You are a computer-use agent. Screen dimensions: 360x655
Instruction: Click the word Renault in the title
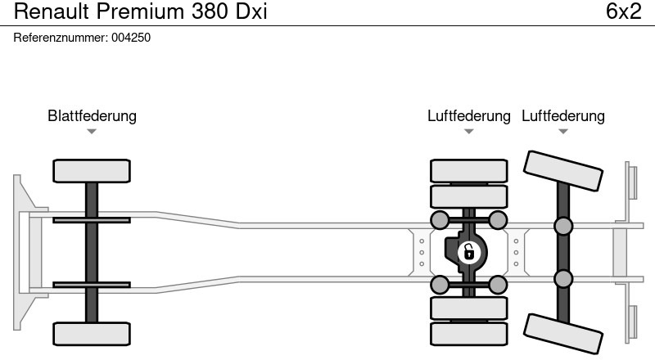[51, 12]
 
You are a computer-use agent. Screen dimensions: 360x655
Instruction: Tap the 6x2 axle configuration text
[623, 12]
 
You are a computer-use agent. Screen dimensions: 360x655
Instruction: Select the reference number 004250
[131, 38]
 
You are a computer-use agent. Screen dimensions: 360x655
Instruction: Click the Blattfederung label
[92, 116]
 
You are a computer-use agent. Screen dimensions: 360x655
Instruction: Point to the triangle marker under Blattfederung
[92, 132]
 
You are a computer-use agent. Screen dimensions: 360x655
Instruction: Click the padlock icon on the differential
[468, 251]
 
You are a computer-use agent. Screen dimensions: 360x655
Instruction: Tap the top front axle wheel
[92, 171]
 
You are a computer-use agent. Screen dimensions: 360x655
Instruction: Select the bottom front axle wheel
[92, 333]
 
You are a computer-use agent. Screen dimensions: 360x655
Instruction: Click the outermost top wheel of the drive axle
[468, 170]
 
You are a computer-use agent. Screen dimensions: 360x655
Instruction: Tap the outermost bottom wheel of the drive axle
[468, 333]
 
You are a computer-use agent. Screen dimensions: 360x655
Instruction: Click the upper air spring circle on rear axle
[563, 226]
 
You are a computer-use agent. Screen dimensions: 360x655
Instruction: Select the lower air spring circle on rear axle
[563, 279]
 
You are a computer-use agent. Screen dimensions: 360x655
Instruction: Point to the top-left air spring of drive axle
[440, 219]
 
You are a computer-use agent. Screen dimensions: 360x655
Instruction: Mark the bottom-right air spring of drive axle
[497, 285]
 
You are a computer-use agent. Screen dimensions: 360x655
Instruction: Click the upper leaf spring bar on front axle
[92, 219]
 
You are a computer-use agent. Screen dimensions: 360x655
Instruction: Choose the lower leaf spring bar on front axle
[92, 285]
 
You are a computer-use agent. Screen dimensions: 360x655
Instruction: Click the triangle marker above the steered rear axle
[563, 132]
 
